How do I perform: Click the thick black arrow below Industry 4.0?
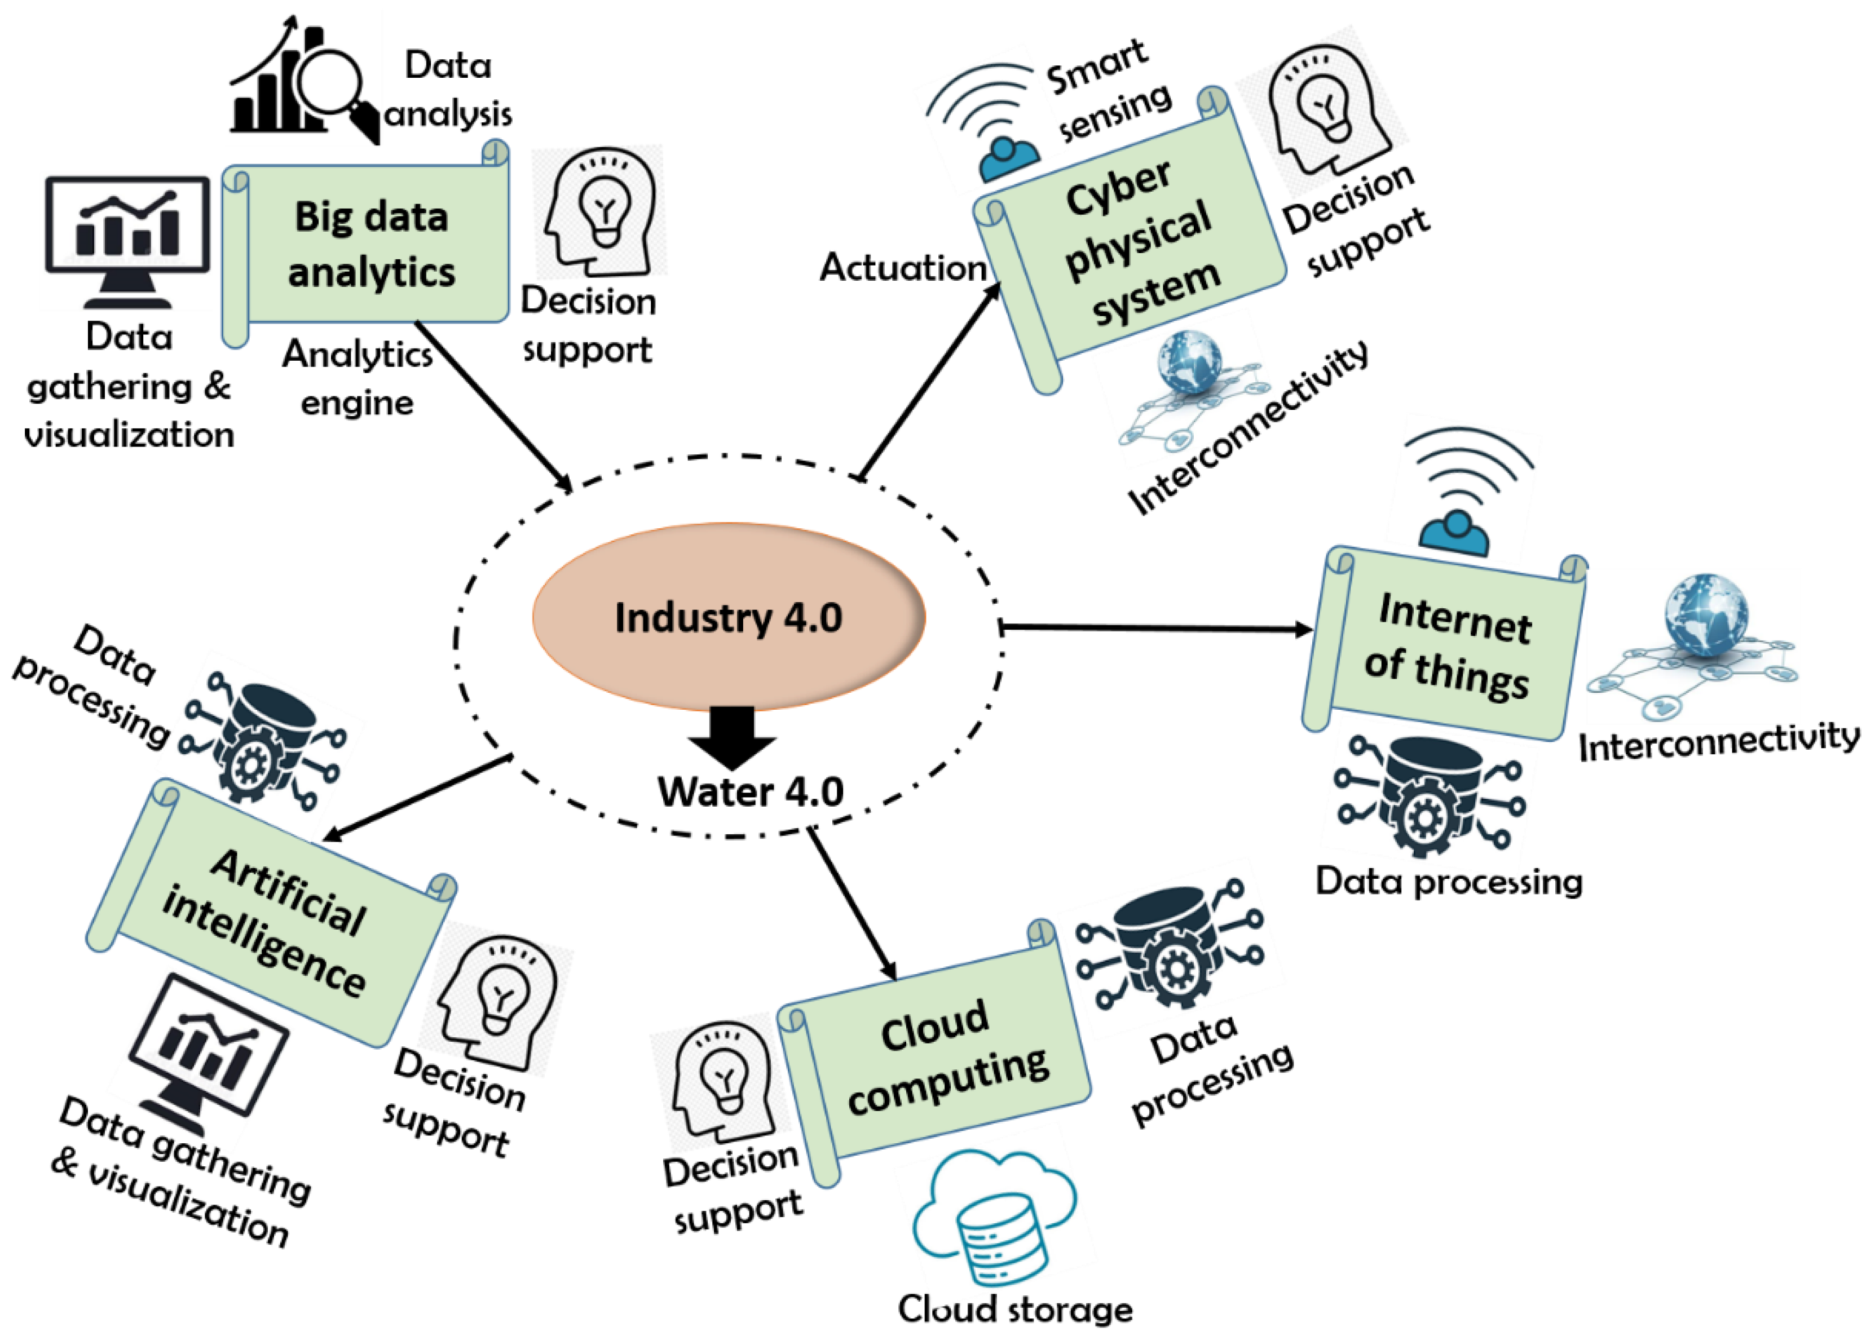point(731,736)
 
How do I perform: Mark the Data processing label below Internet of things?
point(1448,881)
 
